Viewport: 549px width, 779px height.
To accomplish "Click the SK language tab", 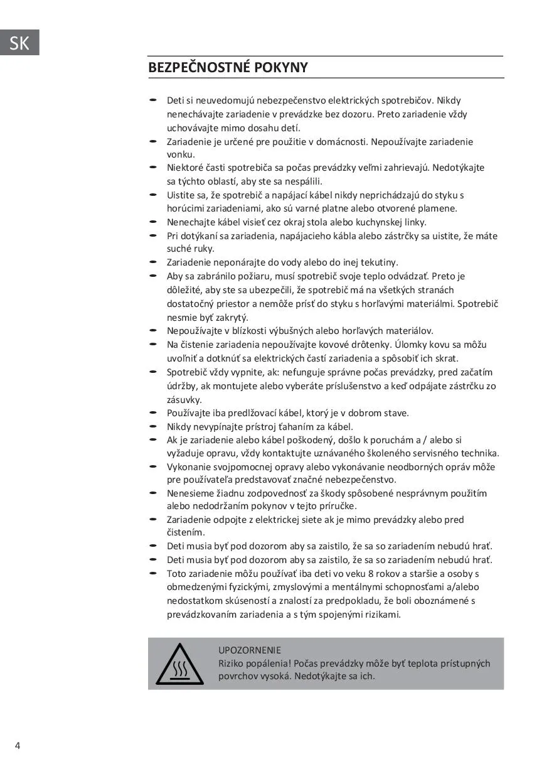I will [19, 43].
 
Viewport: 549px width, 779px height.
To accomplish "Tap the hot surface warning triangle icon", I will [179, 663].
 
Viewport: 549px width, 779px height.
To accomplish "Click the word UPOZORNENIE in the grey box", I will [250, 650].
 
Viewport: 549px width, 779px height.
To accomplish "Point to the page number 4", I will [18, 746].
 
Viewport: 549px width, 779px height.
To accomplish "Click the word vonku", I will [181, 154].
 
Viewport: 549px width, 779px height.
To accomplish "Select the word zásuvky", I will [184, 399].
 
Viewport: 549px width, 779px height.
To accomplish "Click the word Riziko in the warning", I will [232, 663].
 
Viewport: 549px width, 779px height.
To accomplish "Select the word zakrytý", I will [230, 318].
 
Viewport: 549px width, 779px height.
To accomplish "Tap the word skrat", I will [446, 358].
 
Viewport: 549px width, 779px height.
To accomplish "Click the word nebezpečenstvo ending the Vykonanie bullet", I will [352, 480].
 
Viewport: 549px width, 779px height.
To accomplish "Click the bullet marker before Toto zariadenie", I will [152, 573].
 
